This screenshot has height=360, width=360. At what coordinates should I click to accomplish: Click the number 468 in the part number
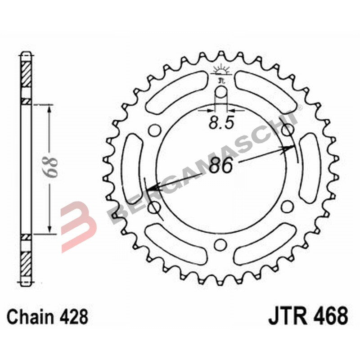point(330,316)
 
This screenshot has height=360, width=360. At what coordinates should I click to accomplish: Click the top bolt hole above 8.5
point(221,92)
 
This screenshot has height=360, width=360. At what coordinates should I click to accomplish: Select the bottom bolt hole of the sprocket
point(220,244)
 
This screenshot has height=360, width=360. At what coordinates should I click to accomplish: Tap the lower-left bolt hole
point(155,207)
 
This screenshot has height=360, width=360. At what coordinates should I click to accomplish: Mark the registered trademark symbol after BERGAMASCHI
point(299,108)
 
